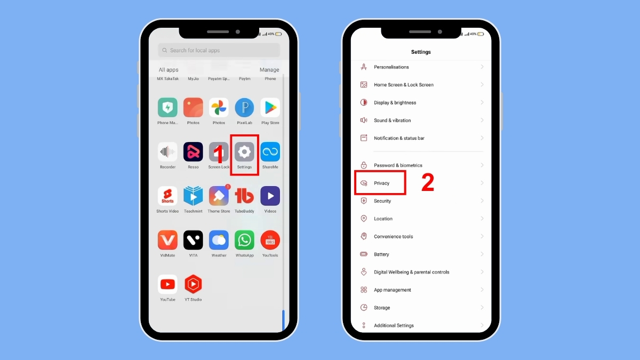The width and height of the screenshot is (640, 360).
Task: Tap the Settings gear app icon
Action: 244,152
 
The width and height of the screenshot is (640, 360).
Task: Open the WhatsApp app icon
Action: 244,241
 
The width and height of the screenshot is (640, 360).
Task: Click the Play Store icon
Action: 270,108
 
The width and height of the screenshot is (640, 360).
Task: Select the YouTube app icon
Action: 167,284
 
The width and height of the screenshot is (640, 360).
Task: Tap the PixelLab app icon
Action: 244,108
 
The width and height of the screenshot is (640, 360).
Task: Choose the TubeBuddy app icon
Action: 244,196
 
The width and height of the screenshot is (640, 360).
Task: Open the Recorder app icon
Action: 167,152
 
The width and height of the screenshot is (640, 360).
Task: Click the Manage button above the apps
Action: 269,70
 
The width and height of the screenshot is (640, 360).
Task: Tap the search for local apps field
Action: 219,50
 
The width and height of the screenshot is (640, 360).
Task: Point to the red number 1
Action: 218,155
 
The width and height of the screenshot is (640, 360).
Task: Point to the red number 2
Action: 428,182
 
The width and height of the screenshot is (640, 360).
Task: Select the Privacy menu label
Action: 382,183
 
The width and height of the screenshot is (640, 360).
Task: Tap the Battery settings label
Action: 381,254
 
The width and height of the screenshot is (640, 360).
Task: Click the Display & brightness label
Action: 395,102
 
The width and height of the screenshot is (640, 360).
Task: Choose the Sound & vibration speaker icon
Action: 364,121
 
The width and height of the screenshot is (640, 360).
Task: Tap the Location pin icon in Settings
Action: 364,219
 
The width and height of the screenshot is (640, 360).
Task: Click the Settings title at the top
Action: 421,52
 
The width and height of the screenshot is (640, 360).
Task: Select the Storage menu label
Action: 382,308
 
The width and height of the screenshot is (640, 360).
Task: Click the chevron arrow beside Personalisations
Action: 482,67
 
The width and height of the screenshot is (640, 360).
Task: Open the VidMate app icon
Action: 167,241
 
